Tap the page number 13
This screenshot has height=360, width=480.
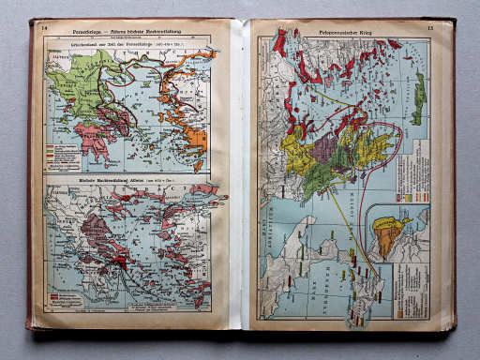coord(429,28)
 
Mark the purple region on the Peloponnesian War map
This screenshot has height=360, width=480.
coord(324,149)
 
